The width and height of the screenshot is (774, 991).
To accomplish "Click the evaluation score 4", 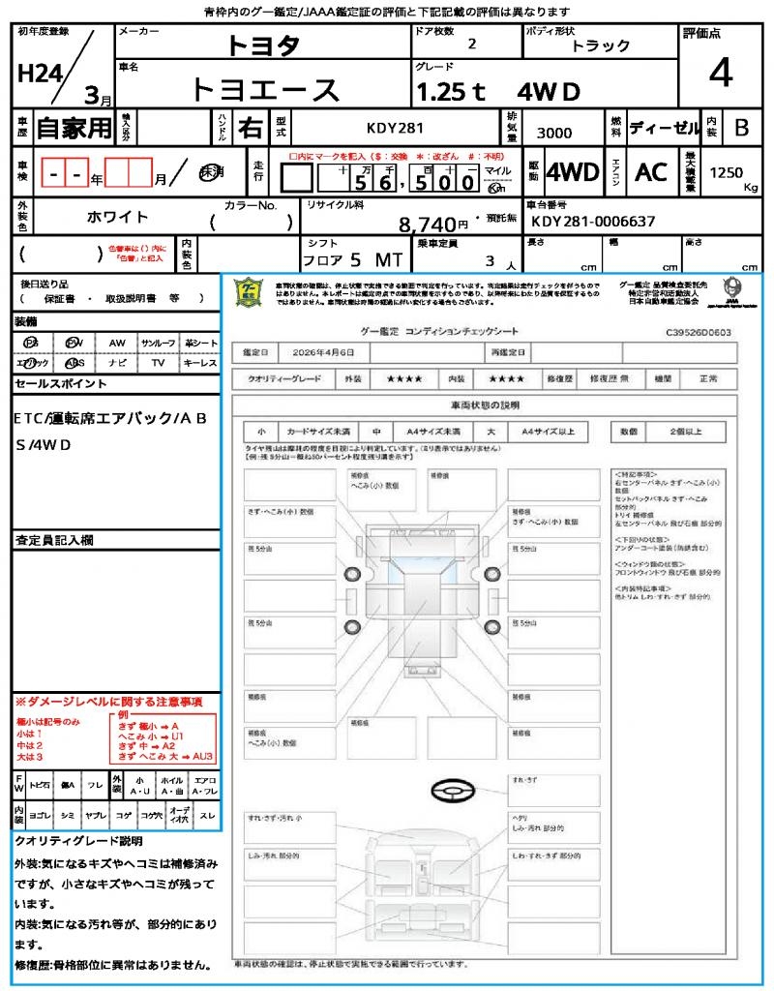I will point(721,74).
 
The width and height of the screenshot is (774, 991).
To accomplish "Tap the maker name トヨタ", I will point(263,45).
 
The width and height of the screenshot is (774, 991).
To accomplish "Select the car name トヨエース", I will point(265,89).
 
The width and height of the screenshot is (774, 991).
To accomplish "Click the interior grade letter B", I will point(741,128).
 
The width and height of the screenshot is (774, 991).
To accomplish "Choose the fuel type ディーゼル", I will point(664,128).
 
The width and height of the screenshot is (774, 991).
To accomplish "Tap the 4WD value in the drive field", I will point(573,172).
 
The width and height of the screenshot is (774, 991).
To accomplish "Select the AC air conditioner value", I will point(651,172).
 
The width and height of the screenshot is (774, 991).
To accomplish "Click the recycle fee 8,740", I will point(427,225).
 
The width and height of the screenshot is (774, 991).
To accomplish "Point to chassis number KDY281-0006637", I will point(591,222).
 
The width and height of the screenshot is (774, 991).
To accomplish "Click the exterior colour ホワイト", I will point(119,217).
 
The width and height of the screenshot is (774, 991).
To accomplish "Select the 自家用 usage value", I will point(74,128).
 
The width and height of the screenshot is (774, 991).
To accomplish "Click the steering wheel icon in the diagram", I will point(452,792).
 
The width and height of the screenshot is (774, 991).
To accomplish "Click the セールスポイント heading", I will point(61,384).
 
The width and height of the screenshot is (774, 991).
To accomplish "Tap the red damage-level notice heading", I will point(108,701).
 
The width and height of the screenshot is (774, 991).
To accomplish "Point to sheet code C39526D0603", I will point(698,332).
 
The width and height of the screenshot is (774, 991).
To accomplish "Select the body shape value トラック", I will point(601,45).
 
